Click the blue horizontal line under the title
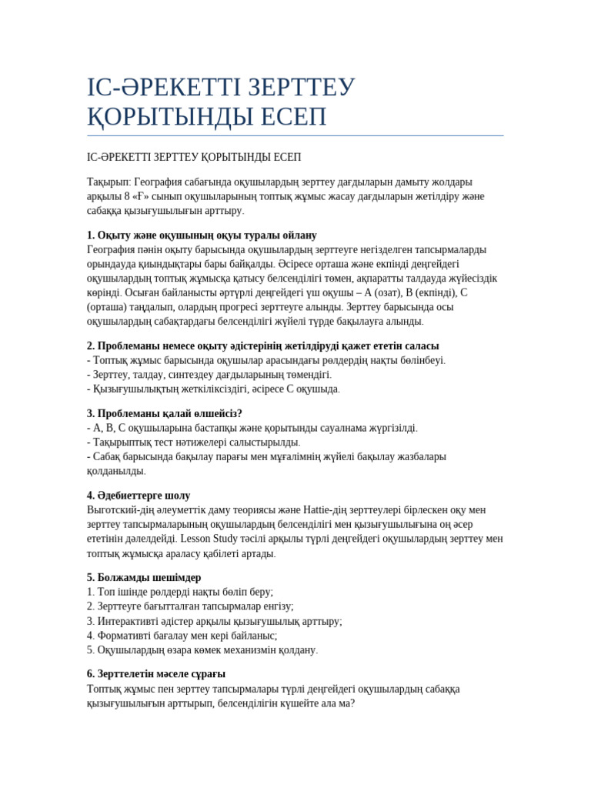coord(295,136)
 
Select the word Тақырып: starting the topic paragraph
coord(109,182)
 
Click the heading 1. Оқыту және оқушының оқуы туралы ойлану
coord(202,235)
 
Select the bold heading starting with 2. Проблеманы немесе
coord(262,346)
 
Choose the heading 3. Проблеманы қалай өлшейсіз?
coord(165,414)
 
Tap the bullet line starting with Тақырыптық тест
coord(193,442)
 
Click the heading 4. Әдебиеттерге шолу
coord(139,496)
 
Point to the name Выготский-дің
coord(123,510)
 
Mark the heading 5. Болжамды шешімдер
coord(144,578)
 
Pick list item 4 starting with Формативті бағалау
coord(182,636)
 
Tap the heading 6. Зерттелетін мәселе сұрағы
coord(156,674)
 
